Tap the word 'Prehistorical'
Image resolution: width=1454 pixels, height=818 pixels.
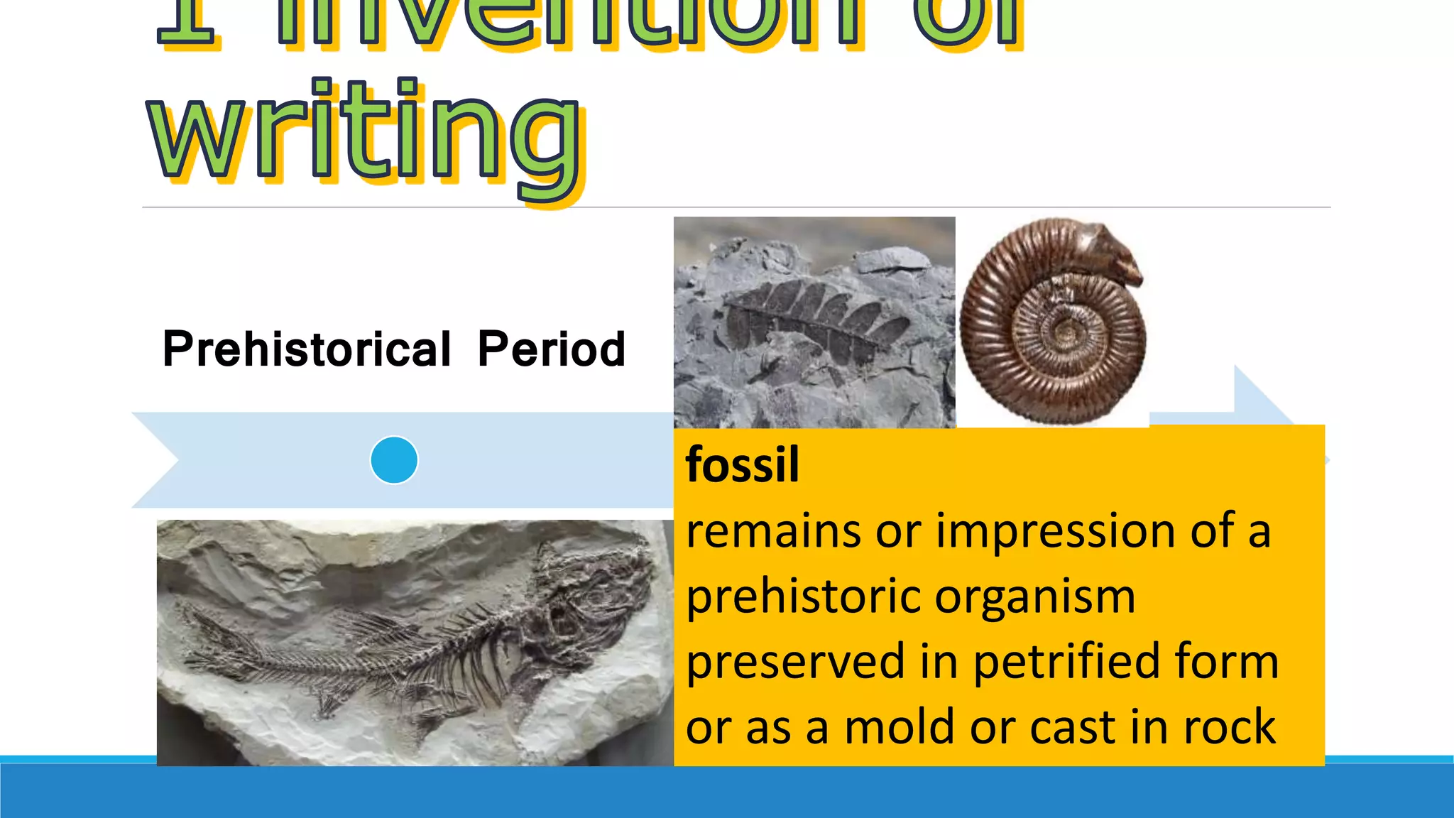point(307,349)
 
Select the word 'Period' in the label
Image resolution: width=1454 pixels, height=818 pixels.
point(551,349)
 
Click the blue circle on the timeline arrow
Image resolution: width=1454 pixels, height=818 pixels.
point(394,460)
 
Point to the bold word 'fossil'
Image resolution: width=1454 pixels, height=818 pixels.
point(742,465)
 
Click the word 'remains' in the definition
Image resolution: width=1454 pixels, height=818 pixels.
point(774,531)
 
